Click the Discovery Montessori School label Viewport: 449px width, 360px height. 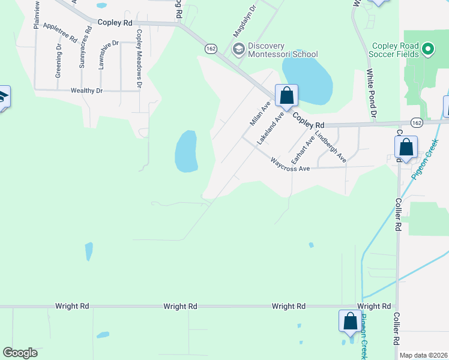point(282,50)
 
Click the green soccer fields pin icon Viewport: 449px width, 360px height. point(428,49)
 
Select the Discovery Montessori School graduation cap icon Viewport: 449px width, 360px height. point(238,49)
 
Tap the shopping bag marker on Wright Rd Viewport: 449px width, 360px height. point(350,321)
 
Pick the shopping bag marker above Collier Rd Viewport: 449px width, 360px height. point(406,147)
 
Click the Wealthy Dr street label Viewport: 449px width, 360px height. point(86,90)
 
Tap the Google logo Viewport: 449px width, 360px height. point(20,353)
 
